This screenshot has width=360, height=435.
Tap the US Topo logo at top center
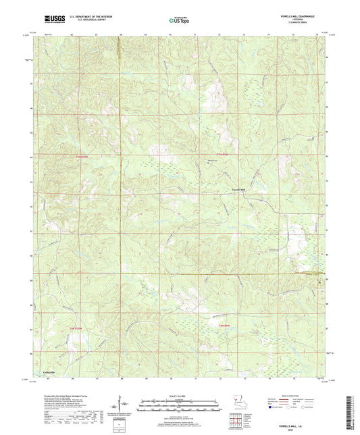point(178,21)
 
